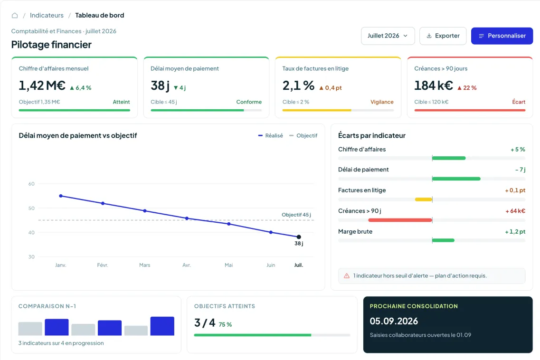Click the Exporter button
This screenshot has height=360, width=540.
point(443,36)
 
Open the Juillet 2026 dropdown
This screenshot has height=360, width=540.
point(388,36)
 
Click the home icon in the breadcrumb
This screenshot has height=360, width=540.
point(15,16)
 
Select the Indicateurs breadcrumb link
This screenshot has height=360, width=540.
point(47,16)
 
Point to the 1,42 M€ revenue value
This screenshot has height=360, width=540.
point(42,85)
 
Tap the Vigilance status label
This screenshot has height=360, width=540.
point(382,102)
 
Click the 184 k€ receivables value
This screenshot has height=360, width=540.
point(433,85)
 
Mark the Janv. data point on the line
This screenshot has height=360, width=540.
point(61,196)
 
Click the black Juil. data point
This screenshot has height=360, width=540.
point(299,237)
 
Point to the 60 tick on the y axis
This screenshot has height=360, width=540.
point(31,184)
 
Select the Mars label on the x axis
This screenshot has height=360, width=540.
point(145,265)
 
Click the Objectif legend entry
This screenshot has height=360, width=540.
point(303,136)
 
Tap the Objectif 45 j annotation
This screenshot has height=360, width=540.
point(296,215)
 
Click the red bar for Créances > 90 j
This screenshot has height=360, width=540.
point(400,220)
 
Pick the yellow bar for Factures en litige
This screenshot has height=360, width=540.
point(424,199)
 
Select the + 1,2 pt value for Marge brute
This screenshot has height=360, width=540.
point(515,232)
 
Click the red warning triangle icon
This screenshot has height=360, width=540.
point(346,275)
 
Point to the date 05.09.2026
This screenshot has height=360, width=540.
point(394,321)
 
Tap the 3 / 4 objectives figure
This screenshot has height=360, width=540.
point(205,323)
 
